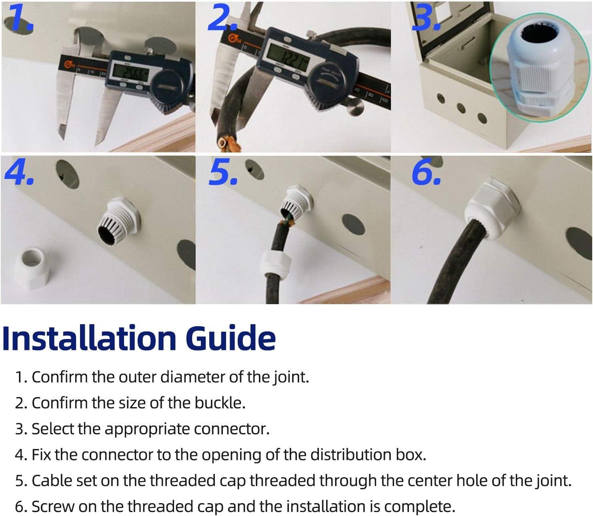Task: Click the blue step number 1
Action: (20, 17)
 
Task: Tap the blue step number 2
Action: (222, 17)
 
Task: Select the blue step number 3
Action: (426, 17)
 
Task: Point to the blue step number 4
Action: (19, 172)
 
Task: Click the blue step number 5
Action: (223, 172)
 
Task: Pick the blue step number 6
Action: (427, 172)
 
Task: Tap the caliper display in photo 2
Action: (288, 57)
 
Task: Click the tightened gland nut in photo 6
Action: (491, 212)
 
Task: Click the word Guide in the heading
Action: (230, 338)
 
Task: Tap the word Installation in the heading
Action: (89, 338)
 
